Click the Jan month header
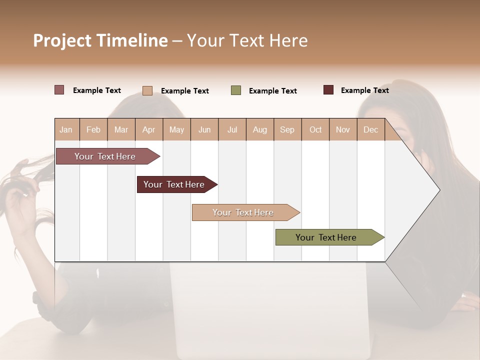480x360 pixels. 66,129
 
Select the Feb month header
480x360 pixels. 93,129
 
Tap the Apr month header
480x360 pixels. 149,129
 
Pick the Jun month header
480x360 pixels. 204,129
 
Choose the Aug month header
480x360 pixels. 260,129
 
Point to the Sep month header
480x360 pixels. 287,129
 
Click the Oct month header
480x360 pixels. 315,129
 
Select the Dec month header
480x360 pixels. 371,129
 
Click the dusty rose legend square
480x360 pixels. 59,90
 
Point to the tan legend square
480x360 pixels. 147,90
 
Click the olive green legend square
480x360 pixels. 236,90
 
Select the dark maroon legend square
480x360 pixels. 328,90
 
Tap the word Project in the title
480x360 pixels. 62,40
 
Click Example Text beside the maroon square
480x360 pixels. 364,90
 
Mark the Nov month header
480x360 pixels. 343,129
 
